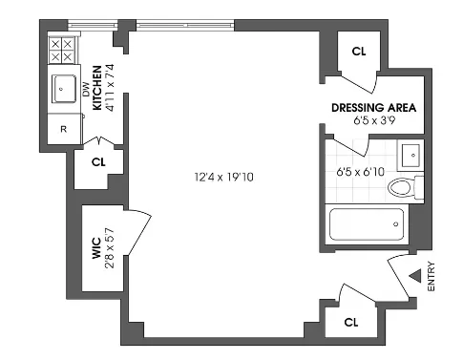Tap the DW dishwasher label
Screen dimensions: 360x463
(x=85, y=90)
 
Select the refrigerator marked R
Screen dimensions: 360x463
(x=64, y=129)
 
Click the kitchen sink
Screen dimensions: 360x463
(x=65, y=89)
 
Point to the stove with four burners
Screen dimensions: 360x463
(x=62, y=50)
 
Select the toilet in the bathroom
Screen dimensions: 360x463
(x=406, y=187)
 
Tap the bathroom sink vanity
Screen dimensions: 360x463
(x=410, y=155)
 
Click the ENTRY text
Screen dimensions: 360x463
(x=431, y=277)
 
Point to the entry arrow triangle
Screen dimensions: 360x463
(x=414, y=276)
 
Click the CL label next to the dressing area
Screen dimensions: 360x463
(x=359, y=52)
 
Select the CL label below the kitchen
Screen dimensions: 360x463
(x=98, y=162)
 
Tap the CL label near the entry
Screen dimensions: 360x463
(x=349, y=321)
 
